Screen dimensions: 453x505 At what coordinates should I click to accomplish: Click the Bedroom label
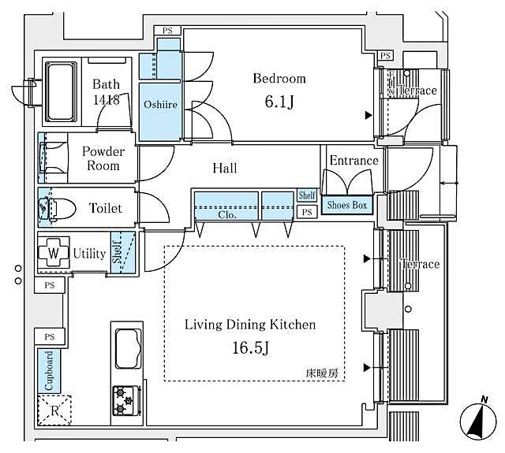coord(279,79)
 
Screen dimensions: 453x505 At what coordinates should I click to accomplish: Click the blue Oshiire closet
coord(159,103)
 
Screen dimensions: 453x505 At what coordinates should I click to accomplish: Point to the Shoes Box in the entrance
coord(347,206)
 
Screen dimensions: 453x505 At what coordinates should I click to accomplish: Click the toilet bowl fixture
coord(57,209)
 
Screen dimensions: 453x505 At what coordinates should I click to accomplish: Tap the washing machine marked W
coord(53,254)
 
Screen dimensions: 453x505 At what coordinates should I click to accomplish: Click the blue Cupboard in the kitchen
coord(49,370)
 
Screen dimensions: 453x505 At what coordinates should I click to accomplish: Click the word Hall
coord(224,168)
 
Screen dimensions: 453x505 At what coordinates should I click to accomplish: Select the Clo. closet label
coord(226,213)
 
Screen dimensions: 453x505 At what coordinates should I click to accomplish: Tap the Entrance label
coord(353,161)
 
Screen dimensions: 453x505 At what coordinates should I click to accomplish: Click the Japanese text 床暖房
coord(322,374)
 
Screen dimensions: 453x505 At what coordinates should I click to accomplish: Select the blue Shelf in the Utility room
coord(118,253)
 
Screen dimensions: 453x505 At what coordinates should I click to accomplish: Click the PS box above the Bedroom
coord(167,31)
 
